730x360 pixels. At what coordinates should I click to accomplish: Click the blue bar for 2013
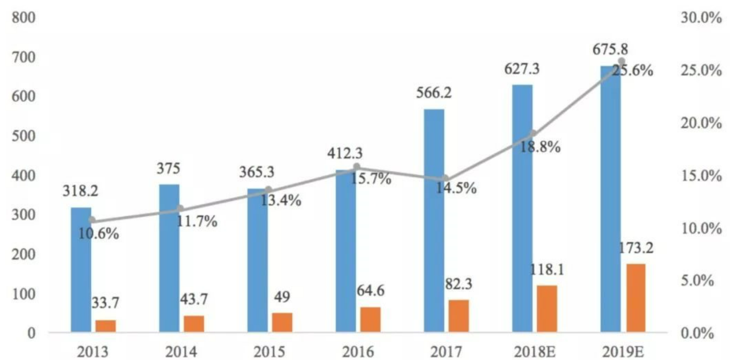coord(81,269)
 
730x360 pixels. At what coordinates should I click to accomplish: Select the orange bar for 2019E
coord(635,298)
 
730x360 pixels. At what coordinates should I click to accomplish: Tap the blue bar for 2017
coord(434,220)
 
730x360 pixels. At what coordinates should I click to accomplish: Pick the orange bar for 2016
coord(370,319)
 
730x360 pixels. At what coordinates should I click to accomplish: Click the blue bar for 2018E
coord(522,208)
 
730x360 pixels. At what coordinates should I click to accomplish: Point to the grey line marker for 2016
coord(357,167)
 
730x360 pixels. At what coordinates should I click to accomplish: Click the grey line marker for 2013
coord(92,220)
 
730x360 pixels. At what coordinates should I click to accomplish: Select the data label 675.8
coord(610,49)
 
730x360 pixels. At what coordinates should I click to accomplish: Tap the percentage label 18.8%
coord(540,147)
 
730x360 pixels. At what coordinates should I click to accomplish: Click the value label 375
coord(168,169)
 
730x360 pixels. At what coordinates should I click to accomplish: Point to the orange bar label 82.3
coord(459,284)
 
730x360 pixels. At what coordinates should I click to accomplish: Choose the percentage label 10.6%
coord(98,234)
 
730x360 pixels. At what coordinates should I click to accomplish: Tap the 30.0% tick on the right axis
coord(701,18)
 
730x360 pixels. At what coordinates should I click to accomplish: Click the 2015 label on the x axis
coord(269,352)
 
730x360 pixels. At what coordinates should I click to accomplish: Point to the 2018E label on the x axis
coord(535,352)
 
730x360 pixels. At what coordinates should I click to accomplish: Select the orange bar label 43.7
coord(193,299)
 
